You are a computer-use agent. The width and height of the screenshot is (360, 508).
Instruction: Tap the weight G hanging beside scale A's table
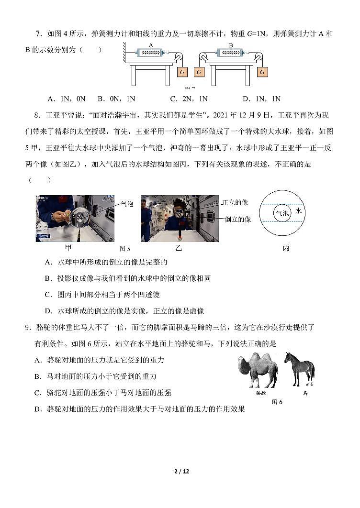pos(182,72)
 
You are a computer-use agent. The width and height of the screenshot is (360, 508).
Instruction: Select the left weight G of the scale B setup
pos(199,72)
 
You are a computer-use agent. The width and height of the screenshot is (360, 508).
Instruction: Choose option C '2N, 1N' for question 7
pos(189,99)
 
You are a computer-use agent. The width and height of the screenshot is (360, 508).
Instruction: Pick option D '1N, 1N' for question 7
pos(261,99)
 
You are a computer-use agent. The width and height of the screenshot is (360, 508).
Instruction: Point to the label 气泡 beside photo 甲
pos(126,204)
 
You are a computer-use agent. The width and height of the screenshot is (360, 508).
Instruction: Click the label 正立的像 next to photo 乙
pos(235,203)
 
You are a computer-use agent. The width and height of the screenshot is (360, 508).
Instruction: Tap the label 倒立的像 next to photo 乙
pos(238,219)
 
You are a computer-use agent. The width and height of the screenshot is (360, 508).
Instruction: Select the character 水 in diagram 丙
pos(299,211)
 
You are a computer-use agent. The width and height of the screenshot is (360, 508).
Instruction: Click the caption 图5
pos(124,249)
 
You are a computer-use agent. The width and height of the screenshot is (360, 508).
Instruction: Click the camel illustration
pos(258,370)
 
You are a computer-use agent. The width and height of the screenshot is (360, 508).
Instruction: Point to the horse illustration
pos(299,368)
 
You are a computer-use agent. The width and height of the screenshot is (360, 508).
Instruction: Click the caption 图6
pos(277,402)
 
